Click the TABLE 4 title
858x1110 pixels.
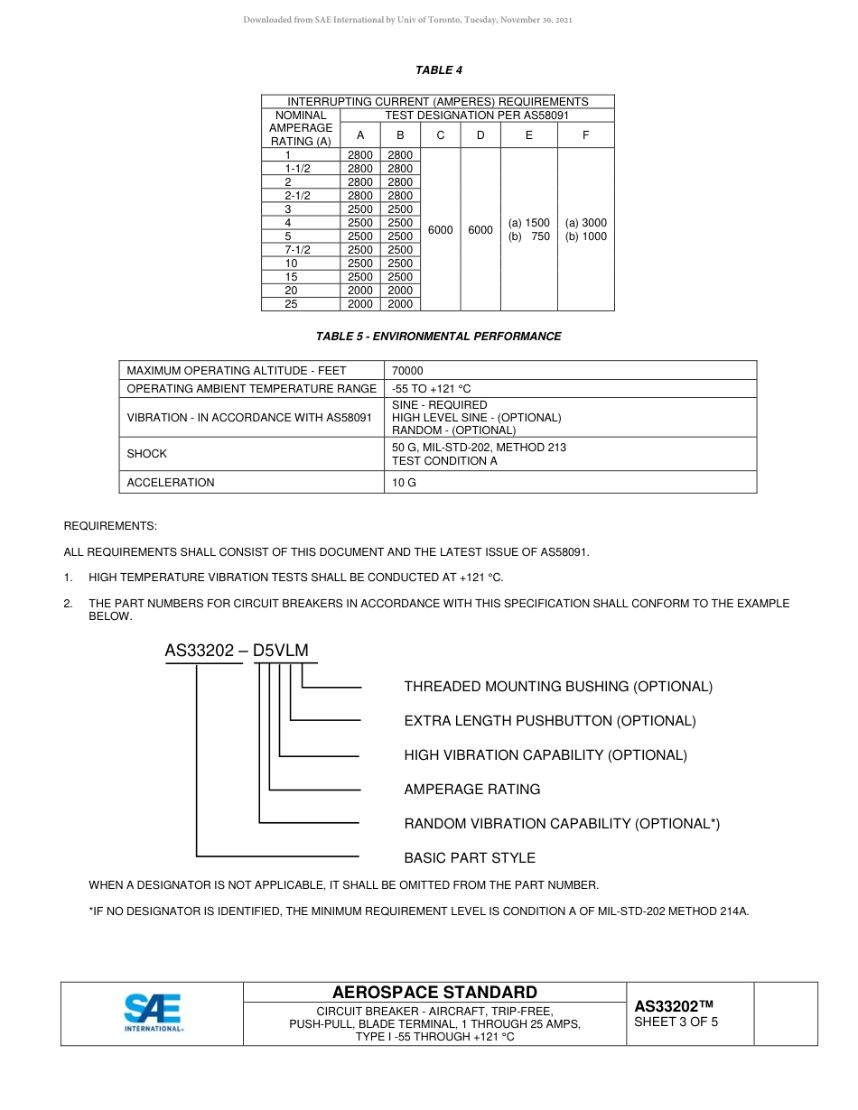pyautogui.click(x=439, y=70)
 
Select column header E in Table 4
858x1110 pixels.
pyautogui.click(x=528, y=135)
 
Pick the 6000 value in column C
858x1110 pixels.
pyautogui.click(x=440, y=230)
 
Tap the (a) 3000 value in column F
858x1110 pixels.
pyautogui.click(x=586, y=223)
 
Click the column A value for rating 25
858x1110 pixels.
pyautogui.click(x=359, y=304)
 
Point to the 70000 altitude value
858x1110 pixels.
pyautogui.click(x=407, y=371)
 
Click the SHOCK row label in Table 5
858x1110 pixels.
pyautogui.click(x=147, y=454)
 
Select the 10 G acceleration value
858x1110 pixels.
pyautogui.click(x=404, y=483)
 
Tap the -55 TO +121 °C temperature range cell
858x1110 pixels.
pyautogui.click(x=432, y=389)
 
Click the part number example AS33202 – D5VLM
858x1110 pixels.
pyautogui.click(x=242, y=651)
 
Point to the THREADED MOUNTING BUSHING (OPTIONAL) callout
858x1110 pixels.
pyautogui.click(x=558, y=687)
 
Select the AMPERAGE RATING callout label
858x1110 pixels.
pyautogui.click(x=472, y=790)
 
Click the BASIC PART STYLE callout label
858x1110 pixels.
pyautogui.click(x=470, y=858)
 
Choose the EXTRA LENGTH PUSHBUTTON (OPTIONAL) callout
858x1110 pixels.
pyautogui.click(x=550, y=721)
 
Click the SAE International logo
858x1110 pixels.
pyautogui.click(x=154, y=1013)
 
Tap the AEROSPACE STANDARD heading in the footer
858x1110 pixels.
pyautogui.click(x=434, y=993)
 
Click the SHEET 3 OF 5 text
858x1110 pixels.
pyautogui.click(x=676, y=1022)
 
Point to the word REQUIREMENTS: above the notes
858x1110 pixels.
pyautogui.click(x=110, y=525)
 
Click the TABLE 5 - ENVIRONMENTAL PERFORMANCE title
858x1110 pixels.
pyautogui.click(x=438, y=337)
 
